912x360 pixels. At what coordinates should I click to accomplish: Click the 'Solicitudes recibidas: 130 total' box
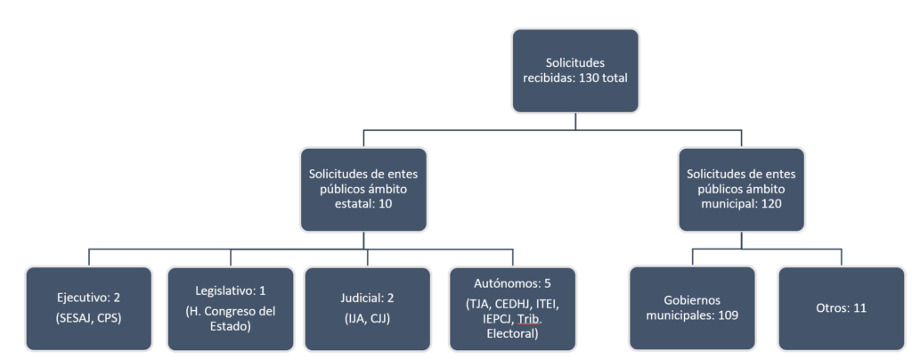[575, 70]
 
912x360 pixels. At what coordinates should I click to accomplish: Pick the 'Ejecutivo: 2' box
[88, 307]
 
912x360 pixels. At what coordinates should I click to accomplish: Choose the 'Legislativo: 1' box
[230, 307]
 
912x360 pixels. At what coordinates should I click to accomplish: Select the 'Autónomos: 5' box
[512, 308]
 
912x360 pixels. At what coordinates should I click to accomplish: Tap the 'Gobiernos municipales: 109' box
[692, 307]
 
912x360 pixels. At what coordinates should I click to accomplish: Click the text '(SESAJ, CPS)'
[88, 317]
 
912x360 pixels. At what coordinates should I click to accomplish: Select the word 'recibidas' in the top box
[549, 78]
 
